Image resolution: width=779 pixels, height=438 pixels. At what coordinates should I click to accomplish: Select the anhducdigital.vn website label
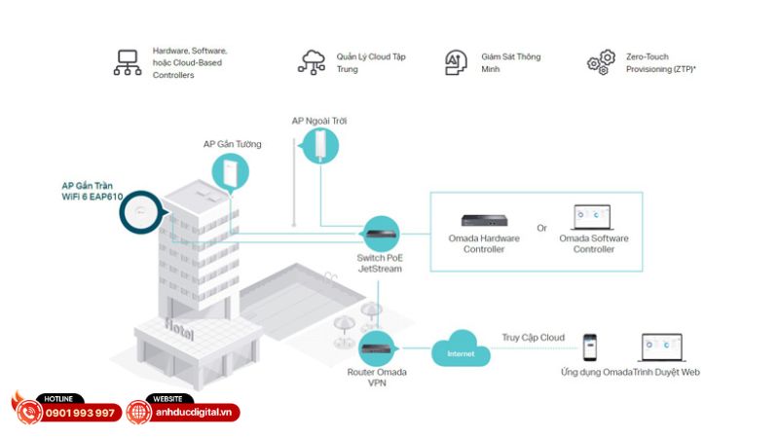[198, 413]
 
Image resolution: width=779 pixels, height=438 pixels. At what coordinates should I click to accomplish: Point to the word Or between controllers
[541, 229]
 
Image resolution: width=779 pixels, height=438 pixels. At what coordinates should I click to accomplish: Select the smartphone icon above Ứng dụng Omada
[589, 347]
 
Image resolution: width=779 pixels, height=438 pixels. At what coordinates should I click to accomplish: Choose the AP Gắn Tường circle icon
[231, 172]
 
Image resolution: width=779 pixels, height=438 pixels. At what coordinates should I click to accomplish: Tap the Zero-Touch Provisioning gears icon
[601, 62]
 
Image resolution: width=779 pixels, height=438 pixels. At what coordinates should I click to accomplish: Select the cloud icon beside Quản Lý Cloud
[314, 61]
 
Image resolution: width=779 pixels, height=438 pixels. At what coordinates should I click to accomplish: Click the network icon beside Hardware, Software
[128, 62]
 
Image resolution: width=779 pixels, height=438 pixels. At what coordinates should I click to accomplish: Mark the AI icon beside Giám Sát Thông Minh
[456, 62]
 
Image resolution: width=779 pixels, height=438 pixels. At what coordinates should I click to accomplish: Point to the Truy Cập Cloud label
[533, 338]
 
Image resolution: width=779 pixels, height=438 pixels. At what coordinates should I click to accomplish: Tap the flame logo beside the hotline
[23, 408]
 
